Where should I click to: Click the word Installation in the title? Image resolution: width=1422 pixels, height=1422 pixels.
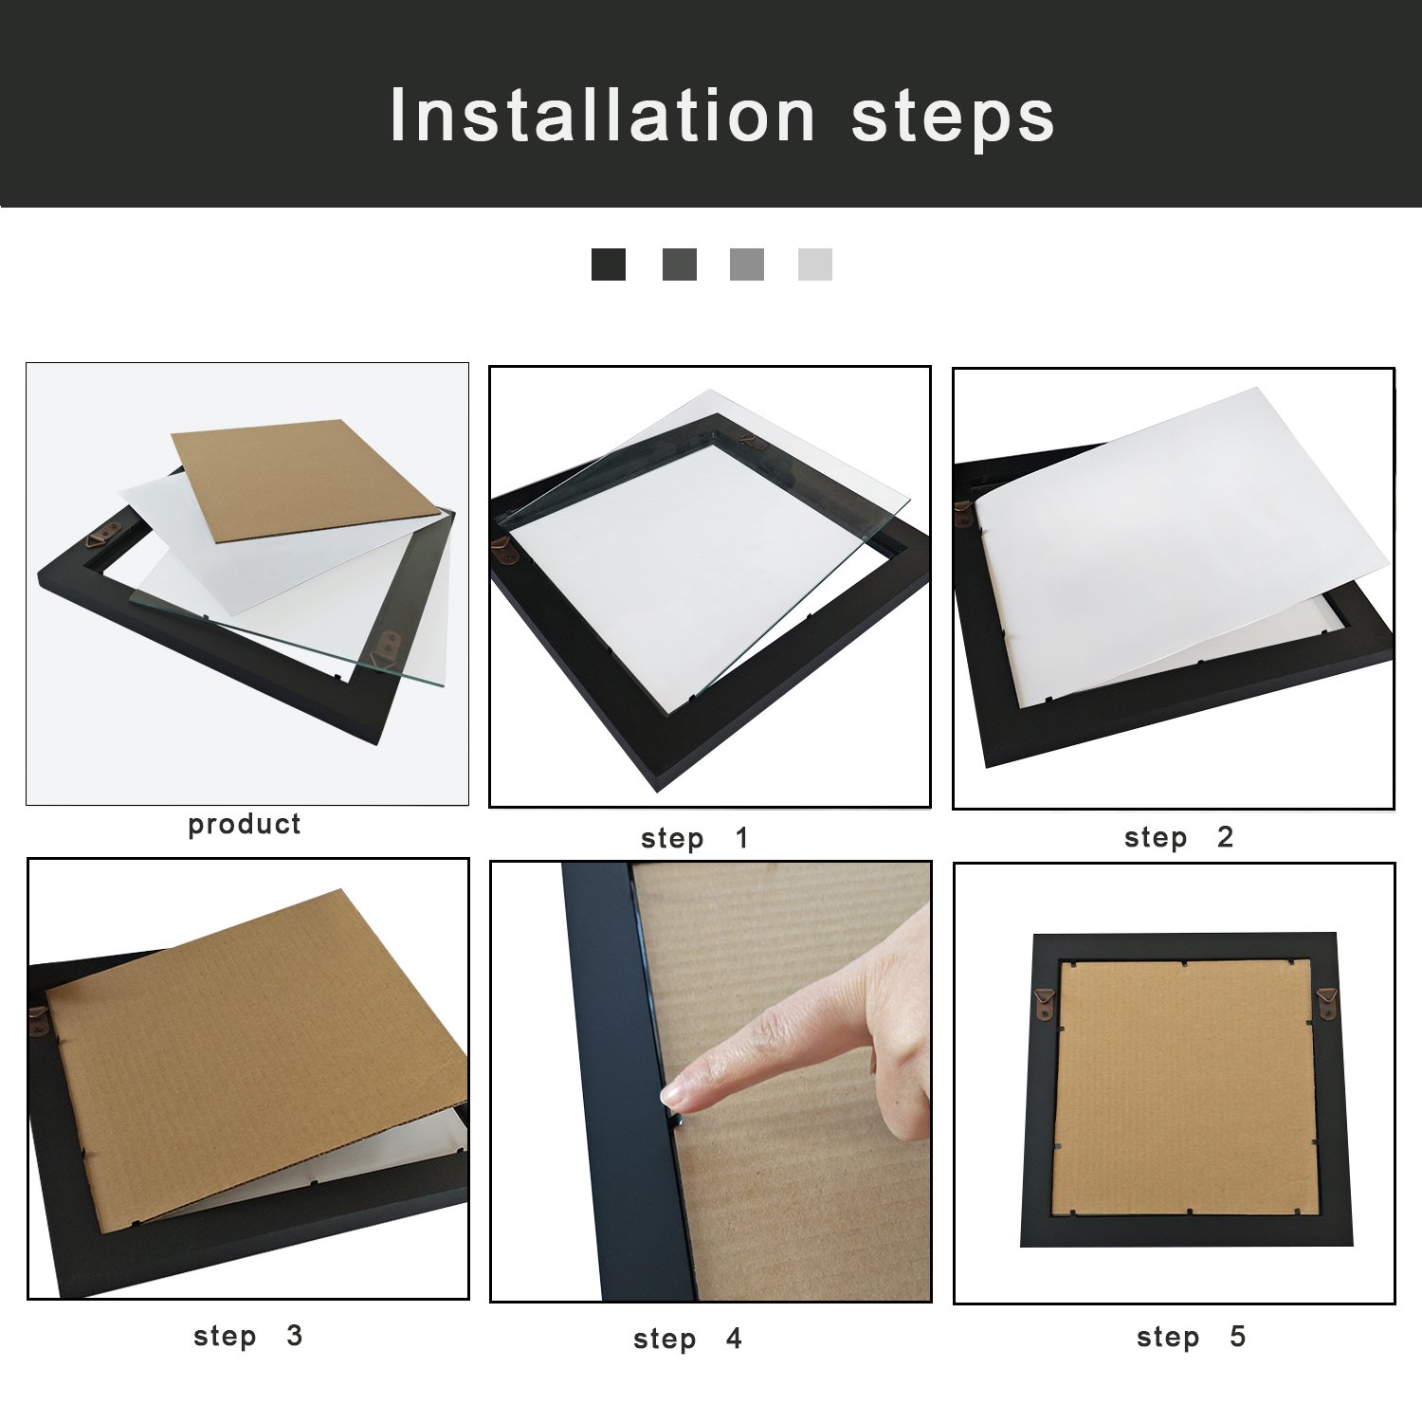point(602,116)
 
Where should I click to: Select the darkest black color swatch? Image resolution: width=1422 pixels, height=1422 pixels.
point(608,264)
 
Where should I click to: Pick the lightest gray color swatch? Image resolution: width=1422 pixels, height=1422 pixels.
point(814,264)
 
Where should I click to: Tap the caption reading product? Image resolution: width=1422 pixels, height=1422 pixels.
point(244,825)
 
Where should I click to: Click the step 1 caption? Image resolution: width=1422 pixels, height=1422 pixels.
point(694,838)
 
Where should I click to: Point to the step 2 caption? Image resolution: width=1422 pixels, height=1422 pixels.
point(1177,837)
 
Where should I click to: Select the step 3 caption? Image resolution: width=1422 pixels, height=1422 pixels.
point(247,1336)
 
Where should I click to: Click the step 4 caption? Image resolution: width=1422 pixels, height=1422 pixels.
point(687,1339)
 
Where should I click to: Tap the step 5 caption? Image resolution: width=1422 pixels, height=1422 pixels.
point(1191,1337)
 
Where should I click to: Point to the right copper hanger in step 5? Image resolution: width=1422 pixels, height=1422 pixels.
point(1326,1001)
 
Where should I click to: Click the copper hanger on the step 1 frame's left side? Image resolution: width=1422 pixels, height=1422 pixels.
point(501,548)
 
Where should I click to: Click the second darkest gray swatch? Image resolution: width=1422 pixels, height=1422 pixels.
point(679,264)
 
